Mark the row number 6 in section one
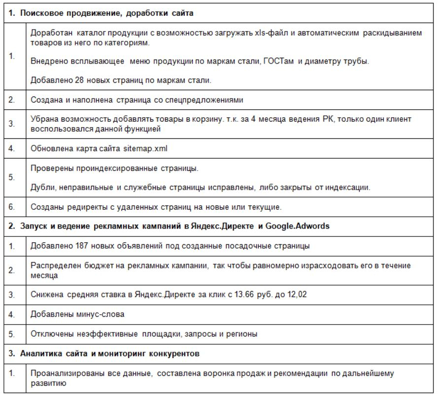[11, 207]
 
